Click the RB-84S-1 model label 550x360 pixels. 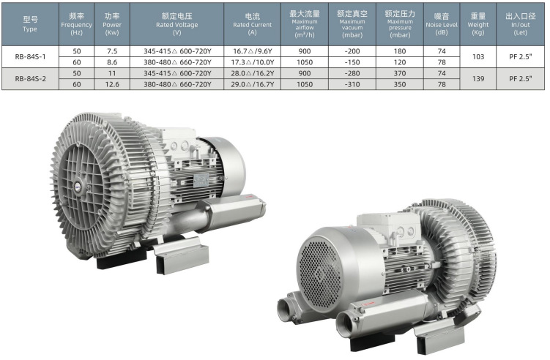click(30, 56)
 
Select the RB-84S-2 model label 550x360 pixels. click(30, 79)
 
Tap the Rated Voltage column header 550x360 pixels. click(176, 24)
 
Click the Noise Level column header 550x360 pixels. click(442, 24)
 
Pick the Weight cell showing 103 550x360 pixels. click(478, 56)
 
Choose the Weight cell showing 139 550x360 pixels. click(478, 79)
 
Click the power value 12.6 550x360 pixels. click(112, 84)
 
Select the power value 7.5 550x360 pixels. click(112, 51)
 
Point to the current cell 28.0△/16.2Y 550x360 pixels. click(252, 73)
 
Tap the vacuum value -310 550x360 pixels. click(352, 84)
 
